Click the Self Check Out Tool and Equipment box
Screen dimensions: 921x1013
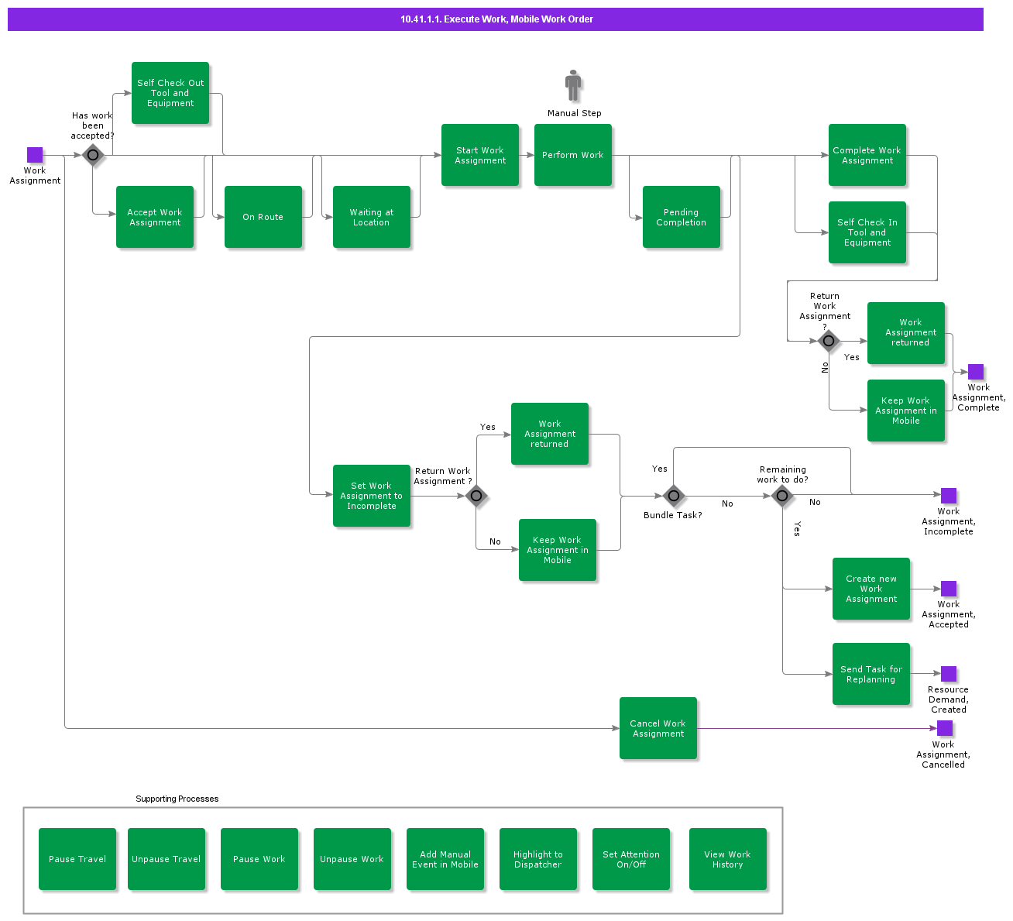(170, 93)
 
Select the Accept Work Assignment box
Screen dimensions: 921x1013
(155, 217)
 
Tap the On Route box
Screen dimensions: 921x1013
(263, 217)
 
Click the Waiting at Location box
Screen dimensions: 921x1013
(372, 217)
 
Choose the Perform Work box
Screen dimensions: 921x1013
(573, 155)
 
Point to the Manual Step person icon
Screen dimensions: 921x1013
(573, 85)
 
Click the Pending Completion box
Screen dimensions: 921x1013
(682, 217)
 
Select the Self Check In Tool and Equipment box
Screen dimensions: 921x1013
(867, 232)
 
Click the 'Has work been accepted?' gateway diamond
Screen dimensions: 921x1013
(93, 155)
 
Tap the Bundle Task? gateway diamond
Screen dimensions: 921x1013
(674, 496)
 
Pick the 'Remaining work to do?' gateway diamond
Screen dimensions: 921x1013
(782, 496)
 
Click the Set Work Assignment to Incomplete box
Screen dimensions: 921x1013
(372, 496)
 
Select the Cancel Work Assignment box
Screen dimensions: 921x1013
(658, 728)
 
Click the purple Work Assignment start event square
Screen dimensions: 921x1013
(35, 155)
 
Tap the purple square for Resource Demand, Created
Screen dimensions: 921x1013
(949, 674)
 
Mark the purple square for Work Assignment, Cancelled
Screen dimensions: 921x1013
(945, 728)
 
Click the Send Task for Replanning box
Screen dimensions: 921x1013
(871, 674)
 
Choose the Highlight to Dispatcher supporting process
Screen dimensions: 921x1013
(538, 859)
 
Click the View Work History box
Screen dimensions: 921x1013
(728, 859)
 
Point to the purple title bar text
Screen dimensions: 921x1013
(496, 19)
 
